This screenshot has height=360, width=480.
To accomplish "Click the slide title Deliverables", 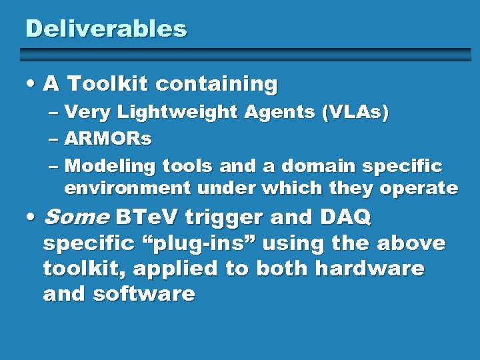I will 106,29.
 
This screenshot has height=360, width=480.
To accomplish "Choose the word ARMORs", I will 108,139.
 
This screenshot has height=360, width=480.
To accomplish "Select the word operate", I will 419,189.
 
